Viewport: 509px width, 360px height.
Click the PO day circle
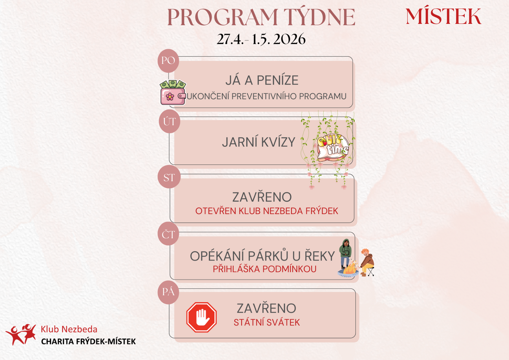coord(168,60)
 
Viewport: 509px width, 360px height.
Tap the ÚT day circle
coord(169,121)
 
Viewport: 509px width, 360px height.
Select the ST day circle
coord(169,177)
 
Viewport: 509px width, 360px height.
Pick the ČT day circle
coord(168,234)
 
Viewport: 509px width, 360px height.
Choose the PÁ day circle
coord(168,292)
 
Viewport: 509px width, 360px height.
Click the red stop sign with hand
coord(201,317)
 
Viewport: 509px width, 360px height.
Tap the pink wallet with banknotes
coord(173,93)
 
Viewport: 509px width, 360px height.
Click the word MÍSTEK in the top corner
coord(443,17)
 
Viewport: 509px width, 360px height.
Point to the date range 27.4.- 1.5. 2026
coord(261,39)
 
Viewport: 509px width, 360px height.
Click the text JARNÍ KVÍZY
coord(259,142)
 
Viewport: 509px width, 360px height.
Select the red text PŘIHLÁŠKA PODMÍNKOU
coord(264,269)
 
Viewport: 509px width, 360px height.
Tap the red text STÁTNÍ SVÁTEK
coord(267,323)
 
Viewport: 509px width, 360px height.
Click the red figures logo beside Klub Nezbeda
coord(21,334)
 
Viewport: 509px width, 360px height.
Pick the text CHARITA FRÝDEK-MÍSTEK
coord(88,342)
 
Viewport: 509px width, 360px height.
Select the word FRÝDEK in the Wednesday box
coord(322,211)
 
